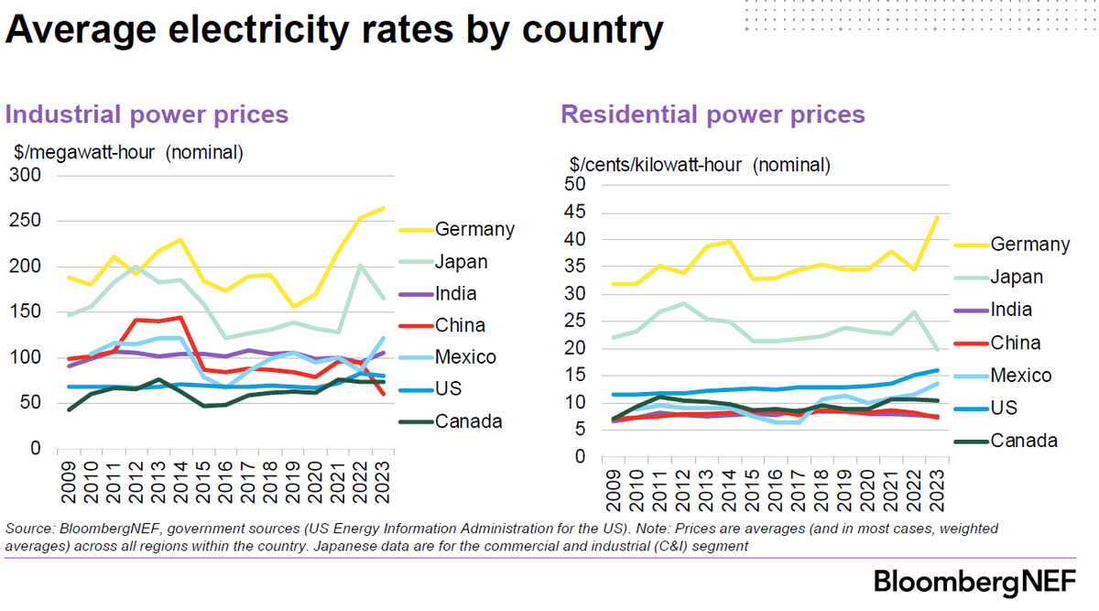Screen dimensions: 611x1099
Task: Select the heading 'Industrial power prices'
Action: (147, 115)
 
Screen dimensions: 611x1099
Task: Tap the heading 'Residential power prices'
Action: (713, 115)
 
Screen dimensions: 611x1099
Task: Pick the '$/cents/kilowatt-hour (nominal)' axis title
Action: (700, 166)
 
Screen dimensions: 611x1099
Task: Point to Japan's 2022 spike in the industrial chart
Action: (362, 266)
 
